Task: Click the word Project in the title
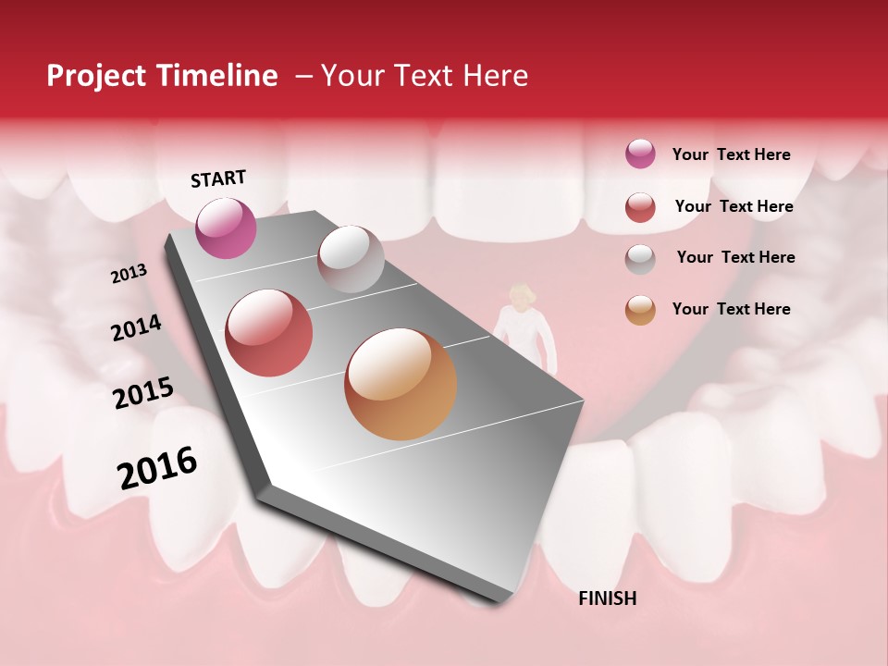[96, 76]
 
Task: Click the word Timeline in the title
[217, 76]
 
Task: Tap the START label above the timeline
[218, 179]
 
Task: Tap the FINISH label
[607, 598]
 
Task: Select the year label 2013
[129, 274]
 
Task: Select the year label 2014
[137, 328]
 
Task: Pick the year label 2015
[143, 393]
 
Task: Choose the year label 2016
[157, 467]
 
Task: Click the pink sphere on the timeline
[227, 228]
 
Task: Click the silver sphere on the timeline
[351, 259]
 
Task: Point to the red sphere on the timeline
[269, 333]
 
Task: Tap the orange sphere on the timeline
[401, 384]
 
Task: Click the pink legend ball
[640, 154]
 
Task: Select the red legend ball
[640, 207]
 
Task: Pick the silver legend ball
[640, 259]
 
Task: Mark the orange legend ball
[640, 310]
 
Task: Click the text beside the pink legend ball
[731, 154]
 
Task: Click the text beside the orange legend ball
[731, 309]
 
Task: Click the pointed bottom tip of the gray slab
[499, 601]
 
